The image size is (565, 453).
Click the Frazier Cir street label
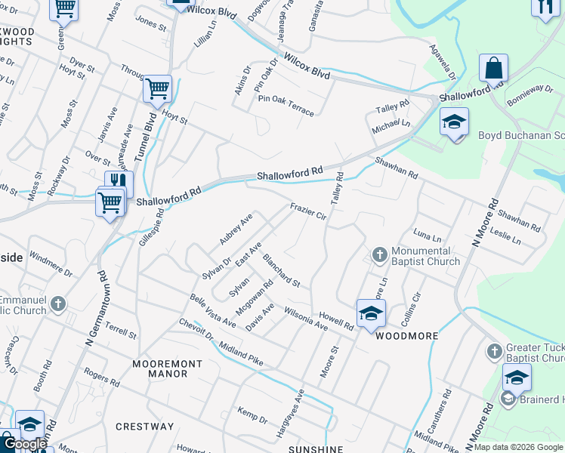[308, 211]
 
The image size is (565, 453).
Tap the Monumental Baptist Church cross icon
[379, 254]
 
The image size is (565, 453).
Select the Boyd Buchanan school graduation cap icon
[454, 122]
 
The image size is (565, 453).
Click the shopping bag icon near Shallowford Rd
[493, 68]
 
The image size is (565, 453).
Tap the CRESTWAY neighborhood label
[144, 427]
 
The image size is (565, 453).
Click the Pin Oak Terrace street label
[286, 105]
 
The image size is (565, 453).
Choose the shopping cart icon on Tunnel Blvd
[158, 89]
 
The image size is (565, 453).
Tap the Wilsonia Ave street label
[305, 319]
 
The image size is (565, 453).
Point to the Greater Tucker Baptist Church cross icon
[494, 351]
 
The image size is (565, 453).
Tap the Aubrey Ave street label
[235, 229]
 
